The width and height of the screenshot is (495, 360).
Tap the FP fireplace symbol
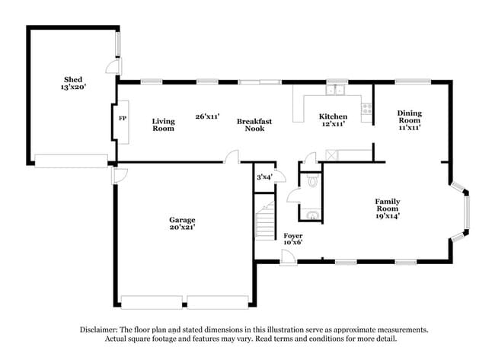click(x=122, y=119)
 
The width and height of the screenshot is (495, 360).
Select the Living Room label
click(x=163, y=125)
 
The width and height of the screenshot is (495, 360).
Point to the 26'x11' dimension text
click(x=207, y=116)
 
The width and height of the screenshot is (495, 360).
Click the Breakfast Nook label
click(x=254, y=125)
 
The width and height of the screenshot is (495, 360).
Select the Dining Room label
click(x=409, y=120)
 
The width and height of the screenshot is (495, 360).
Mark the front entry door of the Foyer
click(x=289, y=259)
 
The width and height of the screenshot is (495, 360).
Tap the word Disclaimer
click(x=101, y=330)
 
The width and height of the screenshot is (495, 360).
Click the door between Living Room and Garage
click(x=230, y=157)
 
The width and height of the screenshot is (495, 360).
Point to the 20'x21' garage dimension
click(x=183, y=228)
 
